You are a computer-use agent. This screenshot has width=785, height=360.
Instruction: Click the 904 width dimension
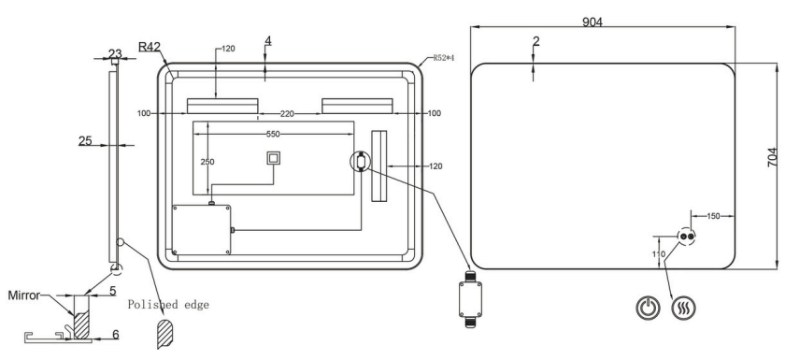[x=592, y=22]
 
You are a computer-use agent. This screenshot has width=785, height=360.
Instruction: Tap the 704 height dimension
[x=773, y=157]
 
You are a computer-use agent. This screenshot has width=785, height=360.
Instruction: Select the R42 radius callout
[x=150, y=47]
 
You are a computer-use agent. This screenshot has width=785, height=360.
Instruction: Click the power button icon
[x=648, y=308]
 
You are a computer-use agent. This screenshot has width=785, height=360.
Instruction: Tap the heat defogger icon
[x=683, y=308]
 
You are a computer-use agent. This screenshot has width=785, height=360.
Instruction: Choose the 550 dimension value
[x=273, y=135]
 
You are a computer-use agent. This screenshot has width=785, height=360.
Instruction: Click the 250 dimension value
[x=207, y=162]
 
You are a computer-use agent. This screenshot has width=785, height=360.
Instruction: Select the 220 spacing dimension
[x=287, y=114]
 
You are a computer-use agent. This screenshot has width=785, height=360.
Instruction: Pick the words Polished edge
[x=168, y=305]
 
